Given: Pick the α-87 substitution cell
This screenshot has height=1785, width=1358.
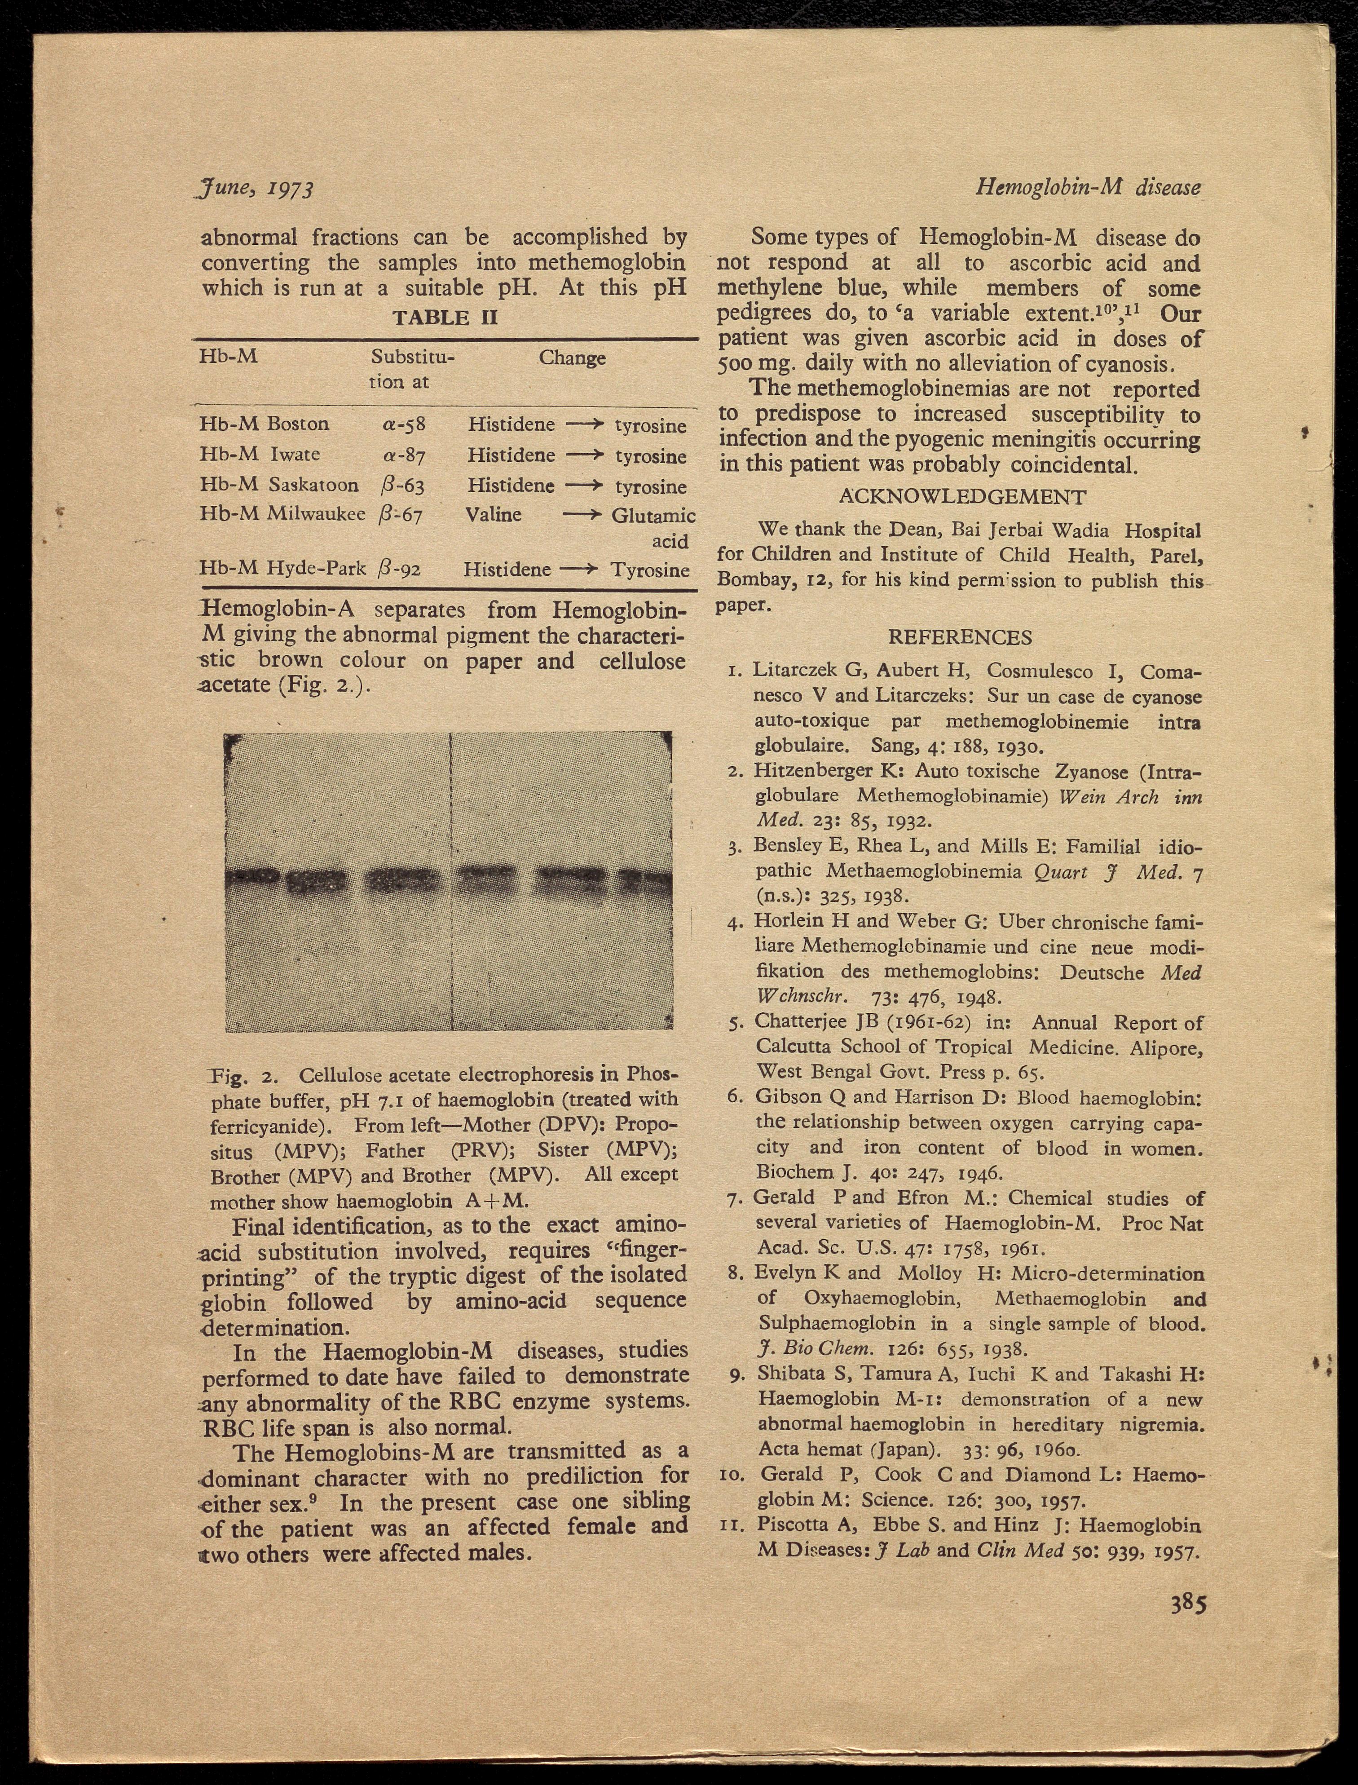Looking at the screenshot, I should [404, 455].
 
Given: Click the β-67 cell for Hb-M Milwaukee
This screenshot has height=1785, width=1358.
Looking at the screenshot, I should [400, 515].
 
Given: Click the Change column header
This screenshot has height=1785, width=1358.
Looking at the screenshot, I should [572, 358].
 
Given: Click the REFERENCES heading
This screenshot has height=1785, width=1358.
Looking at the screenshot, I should [960, 637].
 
